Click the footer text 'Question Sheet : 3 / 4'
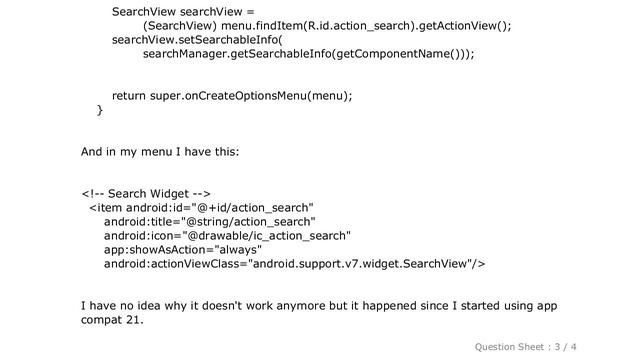coord(568,345)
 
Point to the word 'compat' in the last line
coord(104,321)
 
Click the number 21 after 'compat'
coord(135,321)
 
